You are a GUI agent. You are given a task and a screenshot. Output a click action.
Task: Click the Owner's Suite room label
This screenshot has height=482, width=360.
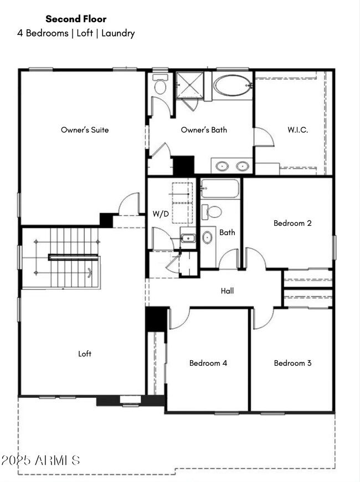coord(84,130)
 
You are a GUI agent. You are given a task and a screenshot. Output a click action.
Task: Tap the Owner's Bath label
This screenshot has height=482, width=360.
coord(204,130)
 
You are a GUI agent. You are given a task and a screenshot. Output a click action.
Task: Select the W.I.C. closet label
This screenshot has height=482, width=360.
coord(297,130)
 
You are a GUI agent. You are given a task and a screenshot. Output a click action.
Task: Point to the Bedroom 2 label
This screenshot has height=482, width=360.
coord(292,224)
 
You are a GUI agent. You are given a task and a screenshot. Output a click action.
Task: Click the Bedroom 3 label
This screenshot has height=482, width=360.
coord(292,363)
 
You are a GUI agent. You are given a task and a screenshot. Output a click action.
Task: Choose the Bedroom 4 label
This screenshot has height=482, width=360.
coord(208,363)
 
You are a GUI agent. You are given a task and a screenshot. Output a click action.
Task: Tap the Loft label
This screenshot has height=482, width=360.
coord(85,354)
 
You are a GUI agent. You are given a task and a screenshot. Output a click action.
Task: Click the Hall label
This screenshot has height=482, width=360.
coord(227,291)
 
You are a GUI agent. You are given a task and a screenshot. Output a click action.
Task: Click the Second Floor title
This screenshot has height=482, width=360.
coord(76,19)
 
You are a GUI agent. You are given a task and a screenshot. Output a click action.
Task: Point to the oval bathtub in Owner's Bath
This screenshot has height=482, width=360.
coord(232,86)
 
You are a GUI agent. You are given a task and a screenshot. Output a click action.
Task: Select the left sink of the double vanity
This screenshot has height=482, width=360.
coord(223,165)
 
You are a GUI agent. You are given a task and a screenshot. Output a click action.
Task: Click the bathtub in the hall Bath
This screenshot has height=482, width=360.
coord(220,189)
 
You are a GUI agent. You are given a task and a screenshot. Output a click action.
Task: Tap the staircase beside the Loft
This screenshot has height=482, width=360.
coord(66,257)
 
